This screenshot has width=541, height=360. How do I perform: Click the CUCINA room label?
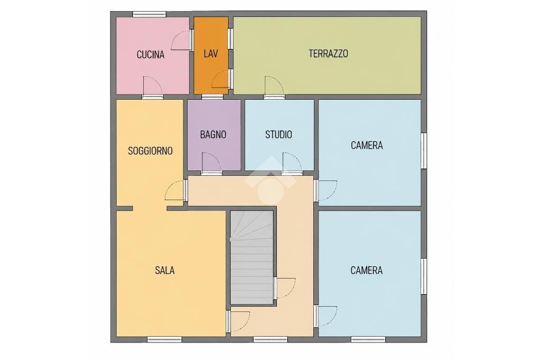(x=151, y=54)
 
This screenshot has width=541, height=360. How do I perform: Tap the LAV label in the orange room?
(x=210, y=53)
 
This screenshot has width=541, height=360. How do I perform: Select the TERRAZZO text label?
(x=328, y=53)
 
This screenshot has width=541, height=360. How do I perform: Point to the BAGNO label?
(x=213, y=135)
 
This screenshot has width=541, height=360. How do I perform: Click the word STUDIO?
(x=278, y=135)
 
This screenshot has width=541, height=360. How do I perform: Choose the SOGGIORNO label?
(x=150, y=150)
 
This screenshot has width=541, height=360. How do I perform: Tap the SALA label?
(x=165, y=270)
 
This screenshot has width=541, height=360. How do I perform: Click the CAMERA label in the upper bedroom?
(x=367, y=145)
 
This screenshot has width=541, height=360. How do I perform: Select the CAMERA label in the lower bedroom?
(x=367, y=270)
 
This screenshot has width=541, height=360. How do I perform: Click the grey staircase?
(x=252, y=257)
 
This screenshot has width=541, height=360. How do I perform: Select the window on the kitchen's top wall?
(x=150, y=14)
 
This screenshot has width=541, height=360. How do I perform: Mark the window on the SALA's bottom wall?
(x=165, y=339)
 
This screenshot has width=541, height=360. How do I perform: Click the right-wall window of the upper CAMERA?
(x=424, y=150)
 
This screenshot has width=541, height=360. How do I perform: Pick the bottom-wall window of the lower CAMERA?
(x=368, y=339)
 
